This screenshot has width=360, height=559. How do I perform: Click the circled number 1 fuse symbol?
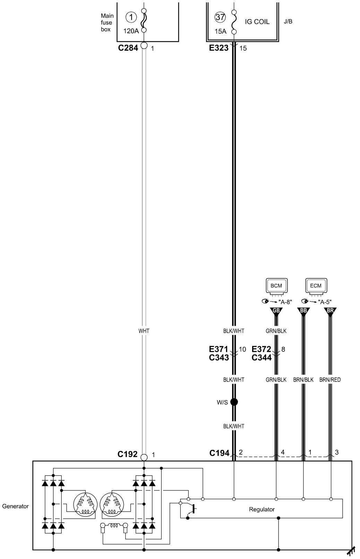point(131,17)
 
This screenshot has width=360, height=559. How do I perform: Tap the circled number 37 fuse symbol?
point(220,17)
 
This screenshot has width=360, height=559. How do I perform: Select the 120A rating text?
point(131,31)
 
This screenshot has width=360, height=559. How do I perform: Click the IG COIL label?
point(257,22)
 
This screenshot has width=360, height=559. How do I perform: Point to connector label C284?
point(128,47)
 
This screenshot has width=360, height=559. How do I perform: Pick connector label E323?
point(219,48)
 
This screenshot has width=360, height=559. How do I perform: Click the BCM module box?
point(276,286)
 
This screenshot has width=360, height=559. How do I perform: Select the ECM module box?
point(316,286)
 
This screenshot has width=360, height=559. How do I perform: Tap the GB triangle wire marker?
point(276,311)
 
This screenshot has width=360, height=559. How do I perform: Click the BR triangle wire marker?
point(330,311)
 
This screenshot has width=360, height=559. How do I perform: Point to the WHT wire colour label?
point(144,331)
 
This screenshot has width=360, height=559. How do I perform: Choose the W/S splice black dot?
point(234,402)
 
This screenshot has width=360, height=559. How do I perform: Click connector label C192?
point(128,454)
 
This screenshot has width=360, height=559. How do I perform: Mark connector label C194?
point(219,453)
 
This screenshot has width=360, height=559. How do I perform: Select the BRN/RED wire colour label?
point(330,380)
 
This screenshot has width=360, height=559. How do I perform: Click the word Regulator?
point(262,509)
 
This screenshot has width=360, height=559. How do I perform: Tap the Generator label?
point(16,506)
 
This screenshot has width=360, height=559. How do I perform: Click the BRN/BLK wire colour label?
point(303,380)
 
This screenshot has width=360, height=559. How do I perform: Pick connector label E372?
point(262,349)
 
